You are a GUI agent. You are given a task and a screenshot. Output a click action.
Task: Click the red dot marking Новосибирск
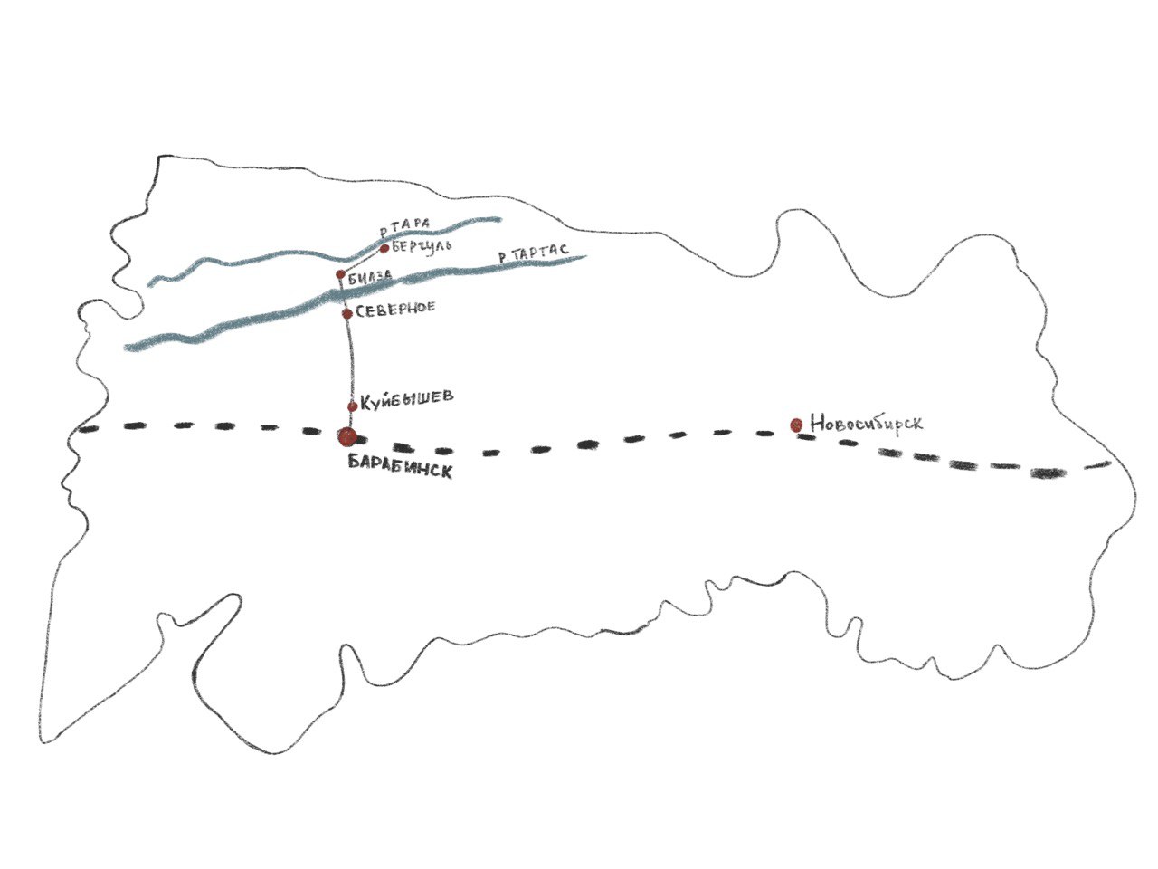[796, 424]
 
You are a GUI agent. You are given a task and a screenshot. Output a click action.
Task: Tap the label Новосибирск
[867, 423]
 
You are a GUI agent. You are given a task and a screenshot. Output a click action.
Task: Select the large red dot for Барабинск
[346, 437]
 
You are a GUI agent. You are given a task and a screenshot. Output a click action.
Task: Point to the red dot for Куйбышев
[352, 406]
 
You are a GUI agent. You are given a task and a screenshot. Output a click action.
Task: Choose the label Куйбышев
[406, 398]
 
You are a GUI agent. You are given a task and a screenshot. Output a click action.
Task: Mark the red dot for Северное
[346, 313]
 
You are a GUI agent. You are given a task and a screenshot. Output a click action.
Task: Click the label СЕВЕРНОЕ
[395, 308]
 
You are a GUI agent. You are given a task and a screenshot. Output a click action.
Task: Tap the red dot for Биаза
[340, 273]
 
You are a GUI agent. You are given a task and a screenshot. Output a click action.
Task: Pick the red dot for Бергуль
[384, 248]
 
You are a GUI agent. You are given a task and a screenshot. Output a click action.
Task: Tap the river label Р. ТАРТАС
[534, 256]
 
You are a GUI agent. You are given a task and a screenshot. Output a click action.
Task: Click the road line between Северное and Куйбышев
[349, 362]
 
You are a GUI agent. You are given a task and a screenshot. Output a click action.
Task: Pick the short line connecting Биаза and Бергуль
[362, 261]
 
